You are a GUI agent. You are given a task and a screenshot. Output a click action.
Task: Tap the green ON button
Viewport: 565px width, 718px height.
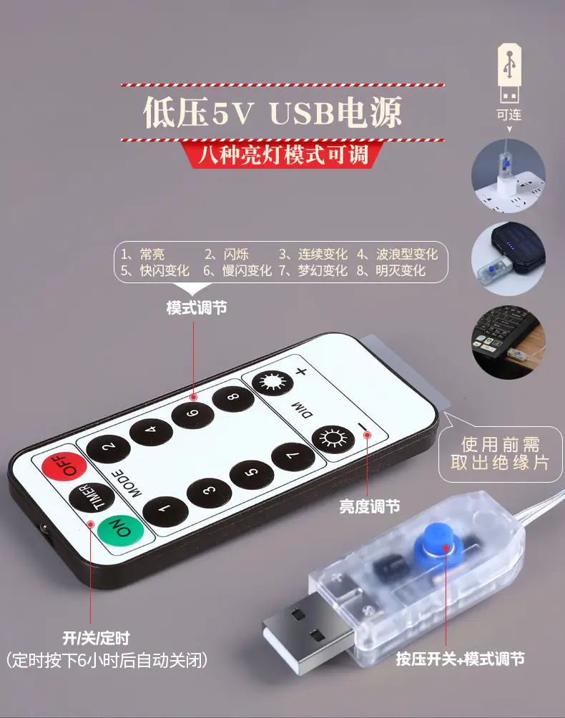(120, 529)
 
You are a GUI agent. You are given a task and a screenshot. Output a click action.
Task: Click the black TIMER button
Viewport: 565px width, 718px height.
(92, 498)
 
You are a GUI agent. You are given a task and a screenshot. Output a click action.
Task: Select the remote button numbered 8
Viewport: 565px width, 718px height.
(233, 397)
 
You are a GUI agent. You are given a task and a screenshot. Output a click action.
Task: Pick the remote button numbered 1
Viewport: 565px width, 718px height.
(165, 510)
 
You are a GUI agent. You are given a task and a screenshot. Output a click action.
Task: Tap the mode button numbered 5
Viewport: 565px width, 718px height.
(252, 473)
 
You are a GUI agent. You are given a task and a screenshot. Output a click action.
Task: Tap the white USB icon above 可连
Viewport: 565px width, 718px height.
(510, 73)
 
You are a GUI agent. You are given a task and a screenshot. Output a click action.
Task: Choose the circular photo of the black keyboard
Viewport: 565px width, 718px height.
(508, 343)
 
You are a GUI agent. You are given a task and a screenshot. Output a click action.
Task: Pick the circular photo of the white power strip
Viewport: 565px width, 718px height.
(508, 177)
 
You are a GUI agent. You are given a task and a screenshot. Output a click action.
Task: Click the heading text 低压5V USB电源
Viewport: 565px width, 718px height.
(273, 112)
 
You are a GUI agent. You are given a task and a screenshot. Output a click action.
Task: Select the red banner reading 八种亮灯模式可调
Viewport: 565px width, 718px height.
(283, 154)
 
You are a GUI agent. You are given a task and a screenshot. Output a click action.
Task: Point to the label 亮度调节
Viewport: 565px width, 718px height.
(370, 506)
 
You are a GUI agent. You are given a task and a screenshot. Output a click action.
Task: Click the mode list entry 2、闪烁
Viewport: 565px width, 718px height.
(226, 254)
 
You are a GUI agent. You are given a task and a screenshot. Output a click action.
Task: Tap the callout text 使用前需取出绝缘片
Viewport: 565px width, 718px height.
(500, 453)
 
